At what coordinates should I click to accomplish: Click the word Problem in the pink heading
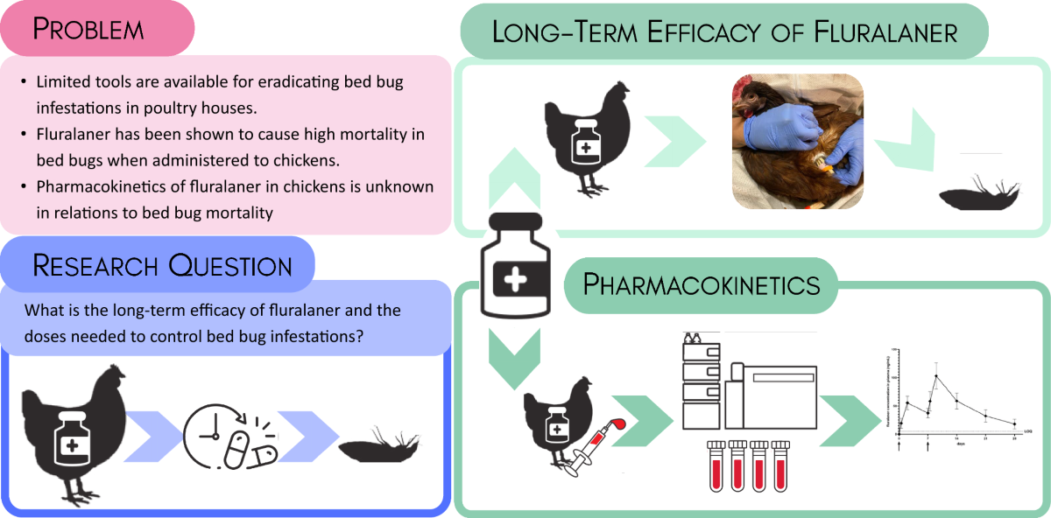88,29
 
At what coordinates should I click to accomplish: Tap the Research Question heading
163,263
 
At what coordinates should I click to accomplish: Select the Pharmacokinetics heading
702,284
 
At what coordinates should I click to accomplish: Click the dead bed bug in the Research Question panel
384,446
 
